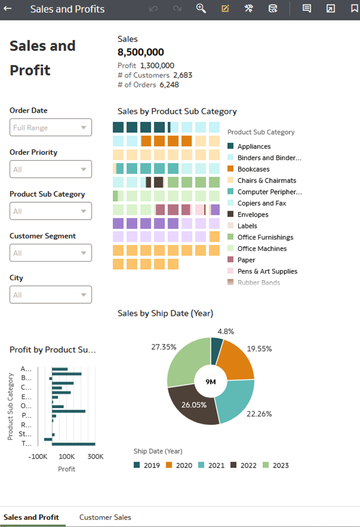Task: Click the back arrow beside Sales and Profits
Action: (8, 9)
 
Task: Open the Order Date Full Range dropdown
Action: (51, 127)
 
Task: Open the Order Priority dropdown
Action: (51, 169)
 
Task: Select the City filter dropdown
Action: (51, 295)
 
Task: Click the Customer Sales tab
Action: (105, 517)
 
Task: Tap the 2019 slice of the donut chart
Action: (217, 351)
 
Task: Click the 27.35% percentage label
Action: (164, 347)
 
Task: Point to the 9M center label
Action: (211, 382)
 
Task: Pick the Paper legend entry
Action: (246, 260)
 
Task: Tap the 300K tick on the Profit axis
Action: (95, 457)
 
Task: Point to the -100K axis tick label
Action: (38, 457)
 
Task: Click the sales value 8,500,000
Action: (140, 52)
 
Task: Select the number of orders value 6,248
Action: (169, 85)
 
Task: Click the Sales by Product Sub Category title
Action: (177, 111)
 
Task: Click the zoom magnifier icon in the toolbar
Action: (201, 8)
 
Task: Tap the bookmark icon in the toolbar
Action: (354, 9)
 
